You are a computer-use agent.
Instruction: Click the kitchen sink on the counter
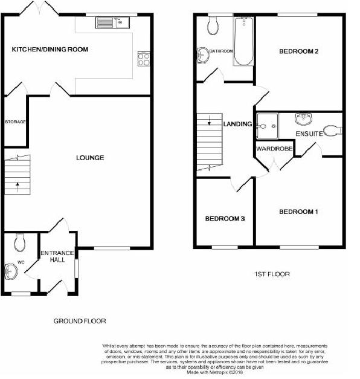pos(112,22)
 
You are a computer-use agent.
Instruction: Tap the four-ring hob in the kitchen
pos(144,59)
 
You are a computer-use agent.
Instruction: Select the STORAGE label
pos(15,122)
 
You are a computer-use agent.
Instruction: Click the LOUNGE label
pos(90,158)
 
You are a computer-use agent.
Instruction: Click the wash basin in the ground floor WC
pos(11,271)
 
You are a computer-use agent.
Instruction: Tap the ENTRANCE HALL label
pos(57,256)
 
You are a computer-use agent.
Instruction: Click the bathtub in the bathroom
pos(244,41)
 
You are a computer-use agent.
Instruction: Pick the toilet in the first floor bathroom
pos(213,25)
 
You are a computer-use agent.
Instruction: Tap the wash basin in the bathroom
pos(202,55)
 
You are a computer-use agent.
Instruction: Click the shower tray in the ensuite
pos(267,126)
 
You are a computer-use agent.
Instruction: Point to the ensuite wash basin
pos(303,119)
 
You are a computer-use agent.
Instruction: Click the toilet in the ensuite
pos(333,131)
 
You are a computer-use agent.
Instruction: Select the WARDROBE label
pos(274,149)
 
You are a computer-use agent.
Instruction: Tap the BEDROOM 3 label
pos(225,219)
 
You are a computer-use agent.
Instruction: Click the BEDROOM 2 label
pos(298,51)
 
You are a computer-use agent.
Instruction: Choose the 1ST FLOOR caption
pos(272,274)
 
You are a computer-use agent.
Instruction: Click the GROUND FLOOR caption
pos(80,321)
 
